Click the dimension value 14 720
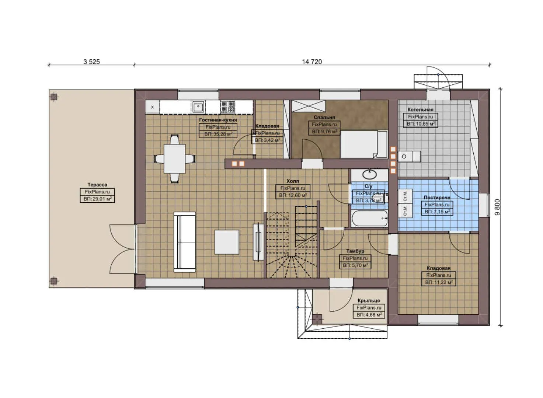click(312, 62)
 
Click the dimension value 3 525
click(91, 62)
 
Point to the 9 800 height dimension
click(497, 207)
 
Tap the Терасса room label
click(97, 185)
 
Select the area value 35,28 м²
click(218, 135)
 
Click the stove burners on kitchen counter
click(227, 107)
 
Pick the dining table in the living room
click(174, 159)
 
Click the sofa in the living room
click(185, 242)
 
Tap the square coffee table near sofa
click(227, 242)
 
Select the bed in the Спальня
click(363, 144)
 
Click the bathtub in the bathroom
click(369, 218)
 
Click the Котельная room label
click(420, 109)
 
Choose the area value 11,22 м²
click(439, 283)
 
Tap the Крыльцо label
click(369, 301)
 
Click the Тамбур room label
click(355, 251)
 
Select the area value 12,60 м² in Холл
click(293, 196)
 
